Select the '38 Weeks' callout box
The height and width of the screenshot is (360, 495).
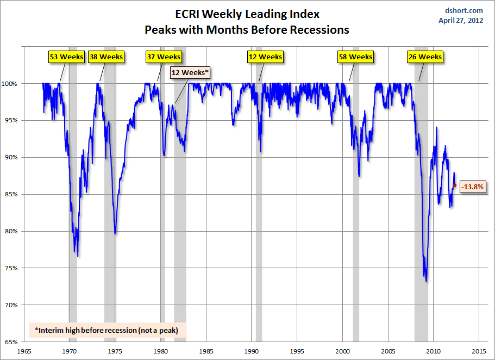(x=106, y=57)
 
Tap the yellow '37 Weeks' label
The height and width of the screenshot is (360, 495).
(x=164, y=57)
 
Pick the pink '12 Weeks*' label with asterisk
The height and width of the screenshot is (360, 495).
(x=190, y=72)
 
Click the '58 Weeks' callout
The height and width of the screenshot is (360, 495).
(x=355, y=57)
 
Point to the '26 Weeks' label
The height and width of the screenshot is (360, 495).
(x=425, y=57)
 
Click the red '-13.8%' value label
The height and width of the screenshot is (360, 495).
(x=472, y=187)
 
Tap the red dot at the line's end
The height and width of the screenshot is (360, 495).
(x=454, y=185)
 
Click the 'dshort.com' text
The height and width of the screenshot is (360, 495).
(x=465, y=10)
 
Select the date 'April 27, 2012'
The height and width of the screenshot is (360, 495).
(x=460, y=21)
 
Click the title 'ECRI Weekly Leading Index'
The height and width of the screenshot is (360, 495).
(x=247, y=14)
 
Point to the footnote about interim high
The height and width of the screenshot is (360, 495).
(x=106, y=330)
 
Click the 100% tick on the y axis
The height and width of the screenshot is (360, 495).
(x=12, y=84)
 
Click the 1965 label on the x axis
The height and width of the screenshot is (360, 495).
(x=24, y=351)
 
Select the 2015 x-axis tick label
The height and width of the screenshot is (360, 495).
(x=479, y=351)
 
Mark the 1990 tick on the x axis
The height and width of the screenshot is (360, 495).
(x=252, y=351)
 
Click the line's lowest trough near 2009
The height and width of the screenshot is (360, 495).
(x=427, y=281)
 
